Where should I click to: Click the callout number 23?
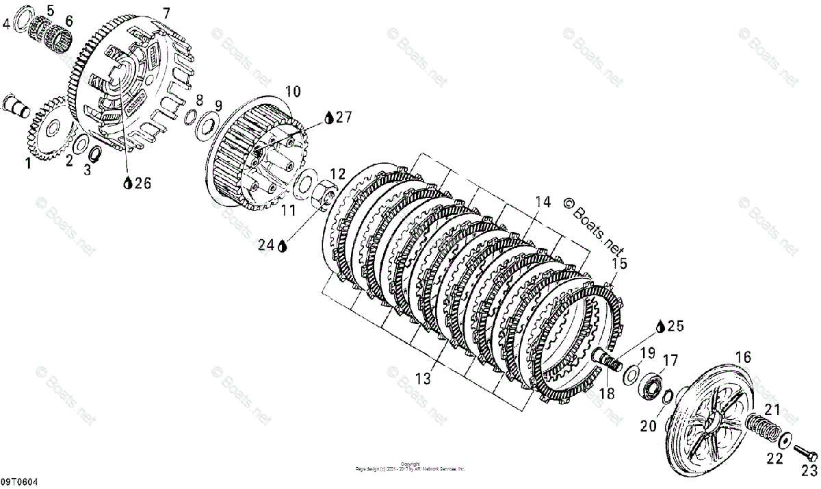(x=809, y=471)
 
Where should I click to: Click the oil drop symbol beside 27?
(x=329, y=118)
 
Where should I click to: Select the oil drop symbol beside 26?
(x=127, y=183)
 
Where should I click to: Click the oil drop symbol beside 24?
(x=283, y=243)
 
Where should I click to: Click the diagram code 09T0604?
(x=19, y=482)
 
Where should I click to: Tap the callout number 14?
(x=543, y=202)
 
